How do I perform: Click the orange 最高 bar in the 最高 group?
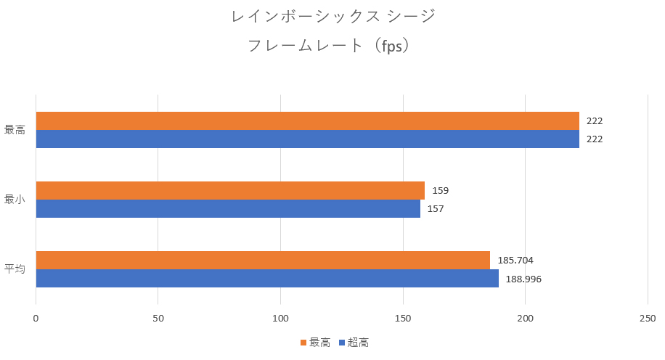(307, 120)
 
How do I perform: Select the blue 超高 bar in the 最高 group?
(307, 139)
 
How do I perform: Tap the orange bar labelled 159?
(230, 190)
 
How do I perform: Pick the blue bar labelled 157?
(228, 208)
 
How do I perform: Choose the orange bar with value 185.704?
(263, 260)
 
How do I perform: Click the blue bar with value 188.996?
(267, 278)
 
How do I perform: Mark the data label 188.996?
(523, 279)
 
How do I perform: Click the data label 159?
(441, 191)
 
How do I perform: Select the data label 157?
(436, 209)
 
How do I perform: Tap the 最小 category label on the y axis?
(15, 200)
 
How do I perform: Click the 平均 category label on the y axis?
(15, 269)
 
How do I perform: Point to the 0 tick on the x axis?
(36, 318)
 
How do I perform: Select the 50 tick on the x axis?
(158, 318)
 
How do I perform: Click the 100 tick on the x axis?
(280, 318)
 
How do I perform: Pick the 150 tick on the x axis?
(403, 318)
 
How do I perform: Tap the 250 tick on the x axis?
(648, 318)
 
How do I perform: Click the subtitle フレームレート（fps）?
(332, 45)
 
